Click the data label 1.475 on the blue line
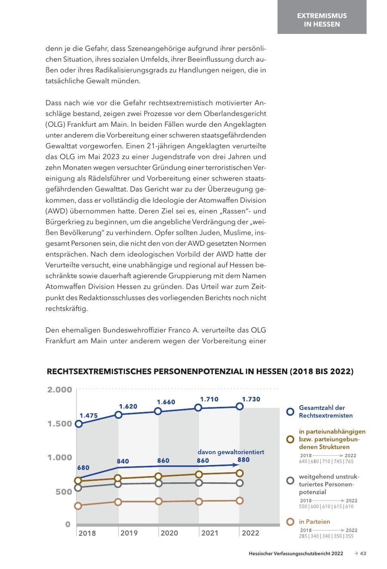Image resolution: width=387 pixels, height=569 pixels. click(x=89, y=416)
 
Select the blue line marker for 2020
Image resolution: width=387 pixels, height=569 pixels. click(x=158, y=411)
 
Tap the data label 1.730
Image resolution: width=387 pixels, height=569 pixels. click(x=251, y=399)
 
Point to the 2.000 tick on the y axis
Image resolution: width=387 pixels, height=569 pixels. click(x=60, y=390)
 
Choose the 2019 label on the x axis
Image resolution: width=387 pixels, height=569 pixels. click(x=129, y=533)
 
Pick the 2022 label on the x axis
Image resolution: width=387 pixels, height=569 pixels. click(x=250, y=533)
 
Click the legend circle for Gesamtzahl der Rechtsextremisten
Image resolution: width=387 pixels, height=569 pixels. click(x=290, y=412)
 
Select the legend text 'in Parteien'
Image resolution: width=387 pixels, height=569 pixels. click(x=314, y=522)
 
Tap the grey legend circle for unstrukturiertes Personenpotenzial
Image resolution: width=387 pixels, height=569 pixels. click(x=290, y=480)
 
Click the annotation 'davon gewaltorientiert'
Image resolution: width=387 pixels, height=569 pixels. click(x=230, y=452)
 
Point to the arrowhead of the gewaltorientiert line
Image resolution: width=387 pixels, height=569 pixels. click(x=235, y=465)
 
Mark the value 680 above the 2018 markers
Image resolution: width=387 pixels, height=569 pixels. click(x=83, y=467)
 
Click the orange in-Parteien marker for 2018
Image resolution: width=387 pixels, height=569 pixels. click(x=78, y=506)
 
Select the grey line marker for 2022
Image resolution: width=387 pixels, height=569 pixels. click(x=240, y=483)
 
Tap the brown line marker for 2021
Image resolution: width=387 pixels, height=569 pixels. click(x=199, y=474)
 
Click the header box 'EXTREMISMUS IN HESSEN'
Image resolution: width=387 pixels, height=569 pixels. click(x=322, y=20)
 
